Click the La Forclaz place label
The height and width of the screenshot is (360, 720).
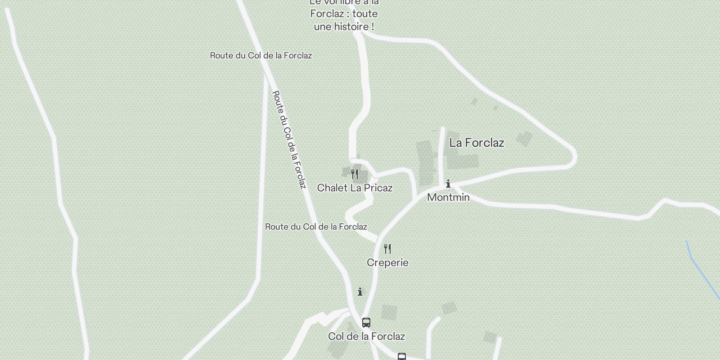click(x=477, y=143)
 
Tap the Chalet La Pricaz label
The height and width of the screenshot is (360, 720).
click(x=355, y=188)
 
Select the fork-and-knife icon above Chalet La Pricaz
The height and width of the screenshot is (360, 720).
click(x=355, y=174)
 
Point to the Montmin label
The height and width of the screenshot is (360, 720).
click(x=448, y=197)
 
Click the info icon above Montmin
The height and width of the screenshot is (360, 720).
click(x=448, y=184)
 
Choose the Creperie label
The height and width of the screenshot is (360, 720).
click(x=387, y=262)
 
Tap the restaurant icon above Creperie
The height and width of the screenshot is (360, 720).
click(x=387, y=249)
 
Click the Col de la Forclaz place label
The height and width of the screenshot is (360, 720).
click(x=366, y=336)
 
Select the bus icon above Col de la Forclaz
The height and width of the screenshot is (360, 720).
click(x=366, y=322)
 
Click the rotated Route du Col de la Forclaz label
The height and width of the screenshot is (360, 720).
click(x=289, y=139)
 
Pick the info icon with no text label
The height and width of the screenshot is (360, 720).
click(x=360, y=292)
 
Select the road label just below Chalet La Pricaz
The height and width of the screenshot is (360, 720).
click(x=316, y=226)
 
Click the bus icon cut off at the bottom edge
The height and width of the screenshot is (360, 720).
click(x=402, y=357)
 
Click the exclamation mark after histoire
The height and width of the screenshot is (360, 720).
click(x=373, y=27)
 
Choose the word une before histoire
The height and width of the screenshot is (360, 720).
click(x=322, y=27)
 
